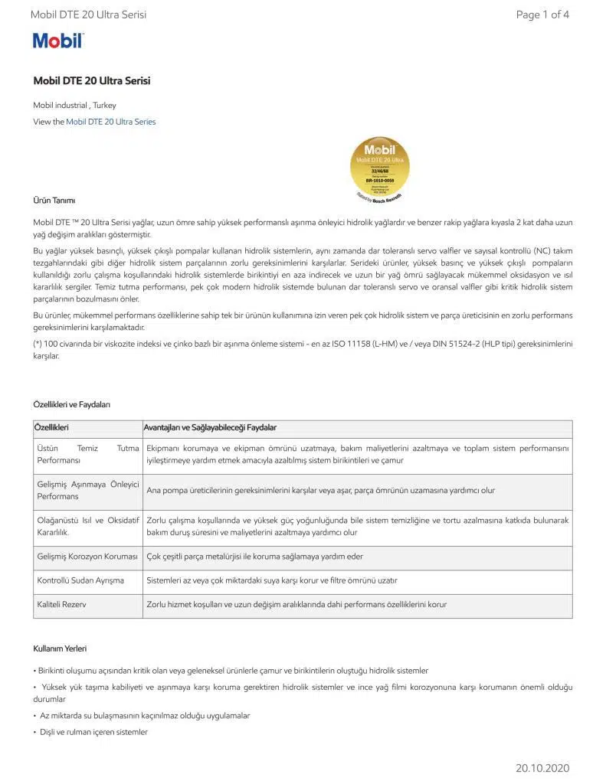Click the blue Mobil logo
coord(57,41)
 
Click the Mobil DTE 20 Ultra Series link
coord(110,122)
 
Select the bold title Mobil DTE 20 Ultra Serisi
coord(91,81)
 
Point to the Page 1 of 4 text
coord(542,15)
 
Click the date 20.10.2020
coord(542,768)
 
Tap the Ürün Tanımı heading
coord(54,201)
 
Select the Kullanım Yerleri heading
coord(60,648)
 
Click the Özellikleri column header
coord(52,427)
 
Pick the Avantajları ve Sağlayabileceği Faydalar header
coord(211,427)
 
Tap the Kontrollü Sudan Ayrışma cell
coord(80,580)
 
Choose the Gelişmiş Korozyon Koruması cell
coord(87,557)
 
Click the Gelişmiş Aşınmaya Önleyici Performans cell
coord(88,490)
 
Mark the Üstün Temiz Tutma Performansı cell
coord(88,454)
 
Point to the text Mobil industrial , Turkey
coord(74,106)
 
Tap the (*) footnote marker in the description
coord(38,344)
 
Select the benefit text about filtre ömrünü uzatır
coord(272,580)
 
